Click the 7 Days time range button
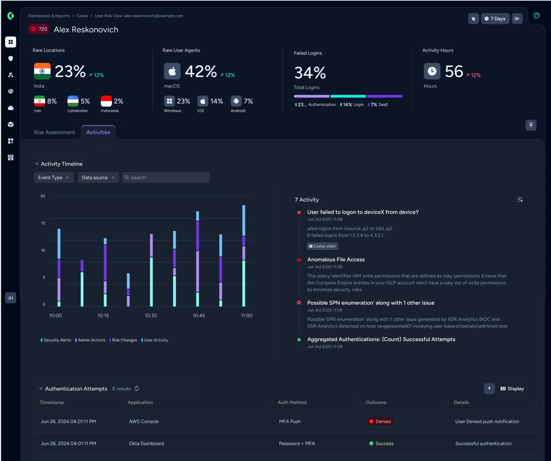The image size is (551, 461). [x=495, y=18]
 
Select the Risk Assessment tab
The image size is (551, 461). [x=55, y=132]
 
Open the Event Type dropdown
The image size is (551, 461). [x=54, y=178]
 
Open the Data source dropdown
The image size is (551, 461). [x=98, y=178]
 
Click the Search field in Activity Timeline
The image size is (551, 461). [x=166, y=178]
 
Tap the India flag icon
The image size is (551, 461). [x=42, y=71]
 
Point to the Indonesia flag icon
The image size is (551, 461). [x=106, y=101]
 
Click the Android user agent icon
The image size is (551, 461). [x=236, y=101]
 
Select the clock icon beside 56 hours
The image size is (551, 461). [x=432, y=71]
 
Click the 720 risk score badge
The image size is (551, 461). [x=39, y=29]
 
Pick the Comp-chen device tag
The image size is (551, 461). [x=322, y=246]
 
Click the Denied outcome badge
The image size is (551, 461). [x=380, y=421]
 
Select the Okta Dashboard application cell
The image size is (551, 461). [x=146, y=443]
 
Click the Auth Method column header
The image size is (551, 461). [x=292, y=402]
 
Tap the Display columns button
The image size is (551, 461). [x=512, y=389]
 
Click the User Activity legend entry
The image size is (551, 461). [x=155, y=340]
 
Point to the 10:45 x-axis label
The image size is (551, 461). [x=199, y=316]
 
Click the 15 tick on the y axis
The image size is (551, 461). [x=43, y=223]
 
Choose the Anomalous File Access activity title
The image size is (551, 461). [x=336, y=259]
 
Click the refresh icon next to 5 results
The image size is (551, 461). [x=137, y=389]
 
